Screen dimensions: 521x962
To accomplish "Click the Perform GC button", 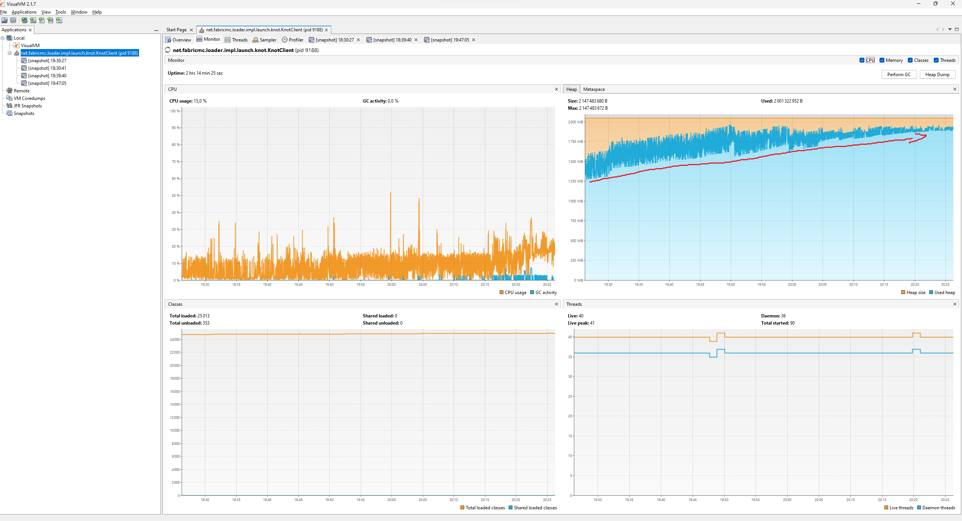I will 899,75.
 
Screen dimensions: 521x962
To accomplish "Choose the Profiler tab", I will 293,40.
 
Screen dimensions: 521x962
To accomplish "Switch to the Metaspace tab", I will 594,89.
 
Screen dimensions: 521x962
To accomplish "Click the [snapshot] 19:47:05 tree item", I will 47,83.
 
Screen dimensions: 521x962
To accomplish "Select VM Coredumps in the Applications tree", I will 29,98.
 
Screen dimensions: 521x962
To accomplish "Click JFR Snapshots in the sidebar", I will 28,106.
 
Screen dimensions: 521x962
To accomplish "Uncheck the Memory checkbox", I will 882,60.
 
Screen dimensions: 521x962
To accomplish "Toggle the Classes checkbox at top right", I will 910,60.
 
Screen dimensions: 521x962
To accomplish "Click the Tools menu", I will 60,12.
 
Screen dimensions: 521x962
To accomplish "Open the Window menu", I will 79,12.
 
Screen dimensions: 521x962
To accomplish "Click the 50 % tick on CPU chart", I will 176,196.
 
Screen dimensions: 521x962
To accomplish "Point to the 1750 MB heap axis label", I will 575,142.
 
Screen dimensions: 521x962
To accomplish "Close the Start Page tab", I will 191,30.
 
